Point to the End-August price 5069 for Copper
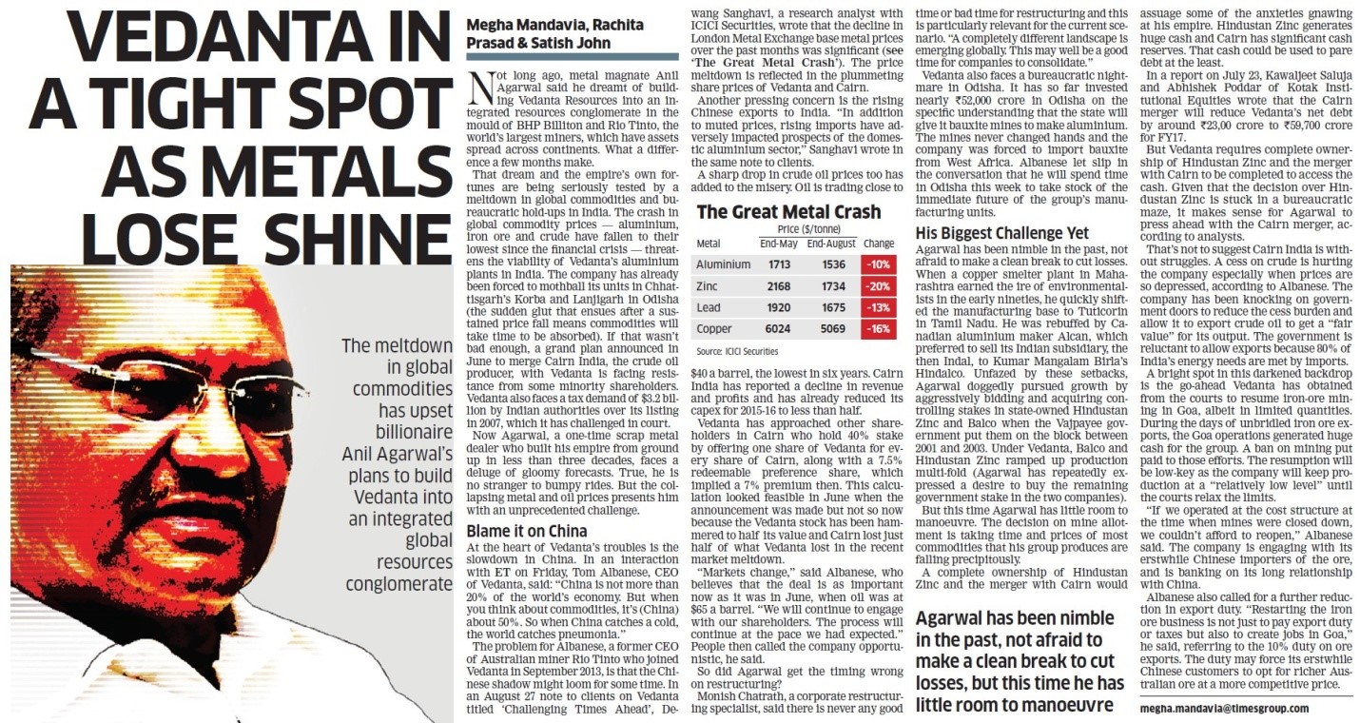pyautogui.click(x=832, y=329)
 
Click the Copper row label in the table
pyautogui.click(x=715, y=329)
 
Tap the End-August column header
pyautogui.click(x=832, y=244)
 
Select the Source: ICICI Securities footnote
pyautogui.click(x=737, y=351)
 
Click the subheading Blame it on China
pyautogui.click(x=526, y=531)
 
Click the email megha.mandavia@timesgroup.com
pyautogui.click(x=1223, y=708)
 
